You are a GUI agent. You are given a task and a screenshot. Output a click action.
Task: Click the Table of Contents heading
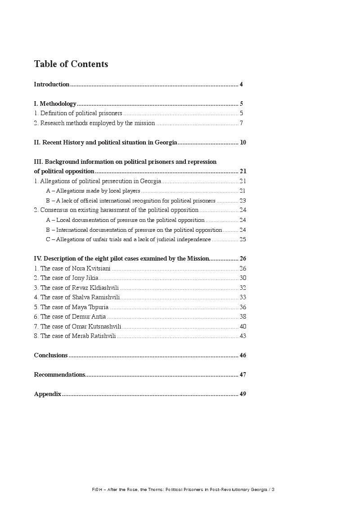click(71, 64)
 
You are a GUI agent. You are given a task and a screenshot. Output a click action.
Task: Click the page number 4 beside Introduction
click(242, 85)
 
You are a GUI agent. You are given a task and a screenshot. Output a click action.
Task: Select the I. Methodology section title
click(55, 104)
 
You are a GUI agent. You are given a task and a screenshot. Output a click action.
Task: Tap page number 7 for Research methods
click(241, 123)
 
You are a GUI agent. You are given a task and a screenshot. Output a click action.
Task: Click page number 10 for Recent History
click(243, 143)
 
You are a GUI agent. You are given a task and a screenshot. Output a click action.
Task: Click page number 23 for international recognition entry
click(243, 201)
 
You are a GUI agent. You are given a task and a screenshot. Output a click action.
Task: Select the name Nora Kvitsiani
click(91, 269)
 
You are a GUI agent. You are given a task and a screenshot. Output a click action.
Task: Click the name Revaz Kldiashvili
click(95, 288)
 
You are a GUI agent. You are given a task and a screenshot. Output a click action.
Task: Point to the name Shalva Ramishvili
click(96, 297)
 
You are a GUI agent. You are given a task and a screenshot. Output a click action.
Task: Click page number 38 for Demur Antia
click(243, 317)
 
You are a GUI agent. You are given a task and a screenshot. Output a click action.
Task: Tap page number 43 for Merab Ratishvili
click(243, 336)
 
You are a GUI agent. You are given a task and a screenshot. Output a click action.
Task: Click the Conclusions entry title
click(51, 356)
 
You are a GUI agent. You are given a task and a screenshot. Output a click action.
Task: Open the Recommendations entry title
click(59, 375)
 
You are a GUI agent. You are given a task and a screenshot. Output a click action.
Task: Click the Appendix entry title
click(48, 394)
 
